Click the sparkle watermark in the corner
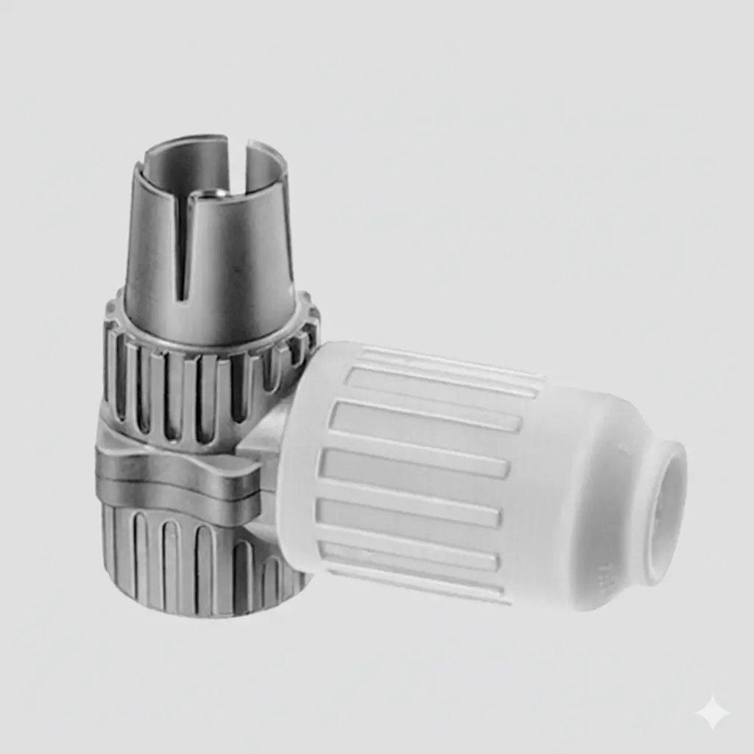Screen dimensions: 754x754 point(712,712)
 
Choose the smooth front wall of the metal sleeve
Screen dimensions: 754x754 point(236,272)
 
